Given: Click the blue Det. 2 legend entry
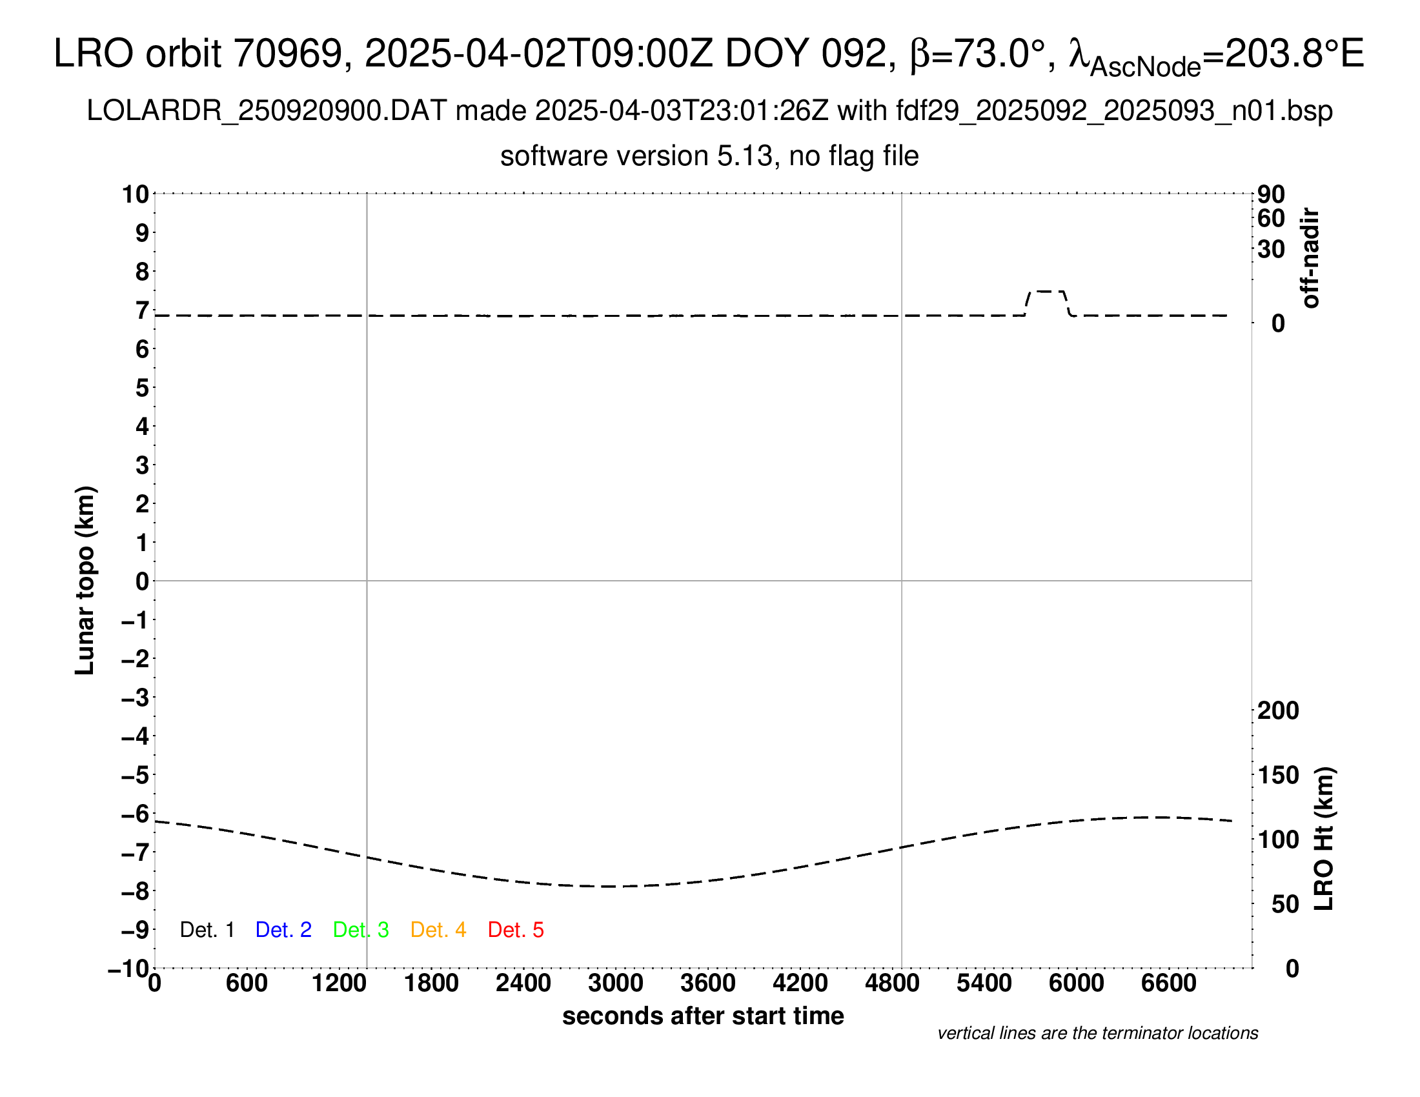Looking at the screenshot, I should click(x=283, y=930).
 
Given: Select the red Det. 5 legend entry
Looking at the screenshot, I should click(x=516, y=930).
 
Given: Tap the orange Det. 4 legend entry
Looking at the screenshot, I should click(x=438, y=930).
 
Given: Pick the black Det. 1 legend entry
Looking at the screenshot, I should click(x=207, y=930).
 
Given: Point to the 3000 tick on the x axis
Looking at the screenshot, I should click(x=615, y=983).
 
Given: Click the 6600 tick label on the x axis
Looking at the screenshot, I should click(x=1168, y=983).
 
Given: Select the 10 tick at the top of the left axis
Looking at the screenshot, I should click(x=136, y=194).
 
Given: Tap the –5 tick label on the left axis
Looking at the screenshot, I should click(x=135, y=775).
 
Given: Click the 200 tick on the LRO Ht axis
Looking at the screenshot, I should click(x=1278, y=710).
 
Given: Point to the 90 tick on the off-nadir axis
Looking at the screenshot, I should click(x=1271, y=194).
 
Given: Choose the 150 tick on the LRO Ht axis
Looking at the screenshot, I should click(x=1278, y=775).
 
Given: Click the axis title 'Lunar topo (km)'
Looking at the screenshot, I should click(x=85, y=580).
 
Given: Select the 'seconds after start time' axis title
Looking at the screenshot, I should click(x=703, y=1016).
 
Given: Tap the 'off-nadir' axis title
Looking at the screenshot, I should click(x=1311, y=258).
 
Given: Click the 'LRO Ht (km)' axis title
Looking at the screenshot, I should click(x=1324, y=839).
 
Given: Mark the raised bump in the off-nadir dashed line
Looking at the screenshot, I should click(x=1048, y=292).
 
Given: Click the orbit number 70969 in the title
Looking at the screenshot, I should click(x=287, y=54).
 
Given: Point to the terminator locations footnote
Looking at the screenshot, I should click(x=1097, y=1033).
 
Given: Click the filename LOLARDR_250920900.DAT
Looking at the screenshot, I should click(x=267, y=111).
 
